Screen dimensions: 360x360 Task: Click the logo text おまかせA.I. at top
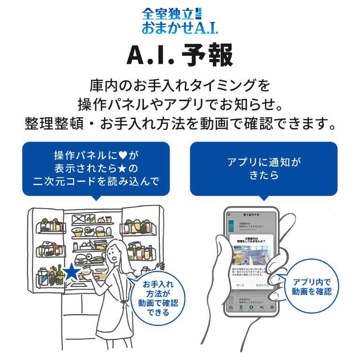click(x=180, y=27)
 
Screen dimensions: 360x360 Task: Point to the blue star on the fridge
click(x=71, y=272)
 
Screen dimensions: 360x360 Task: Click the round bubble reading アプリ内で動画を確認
click(x=311, y=286)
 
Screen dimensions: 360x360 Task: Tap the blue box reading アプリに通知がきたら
click(x=263, y=169)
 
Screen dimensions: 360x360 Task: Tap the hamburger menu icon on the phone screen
click(x=229, y=214)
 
